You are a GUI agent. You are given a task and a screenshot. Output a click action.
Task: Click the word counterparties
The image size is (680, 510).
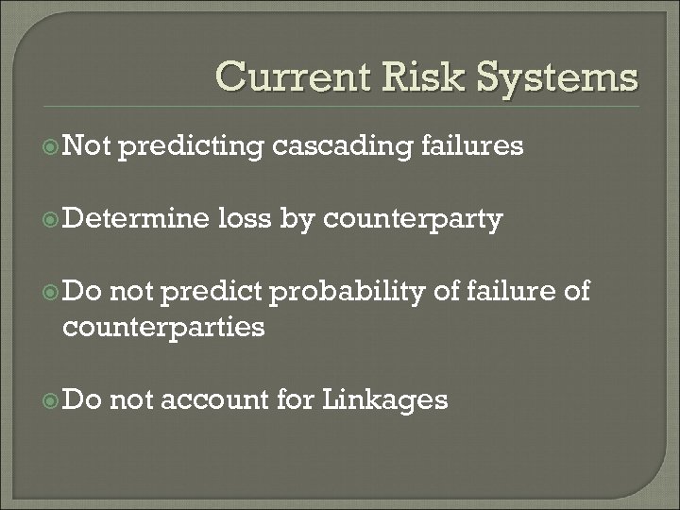point(162,327)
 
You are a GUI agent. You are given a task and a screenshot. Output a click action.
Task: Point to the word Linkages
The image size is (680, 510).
point(384,400)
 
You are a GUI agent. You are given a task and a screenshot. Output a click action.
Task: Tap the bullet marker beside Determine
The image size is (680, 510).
point(49,220)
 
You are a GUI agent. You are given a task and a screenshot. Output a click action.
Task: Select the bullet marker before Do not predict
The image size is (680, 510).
point(49,292)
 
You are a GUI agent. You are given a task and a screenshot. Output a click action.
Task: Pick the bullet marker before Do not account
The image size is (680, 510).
point(49,399)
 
